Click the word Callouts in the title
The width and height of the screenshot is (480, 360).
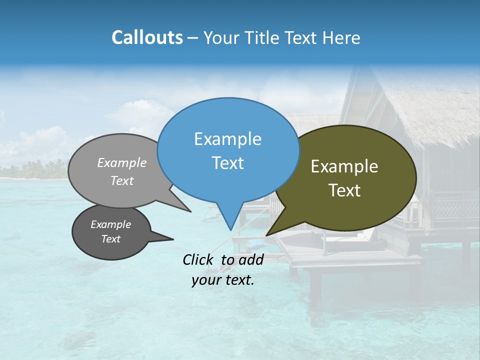(x=147, y=38)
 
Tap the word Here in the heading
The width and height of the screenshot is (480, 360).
(x=341, y=38)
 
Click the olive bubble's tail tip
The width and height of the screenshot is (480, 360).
(x=267, y=235)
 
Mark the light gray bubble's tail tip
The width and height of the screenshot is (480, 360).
(x=190, y=211)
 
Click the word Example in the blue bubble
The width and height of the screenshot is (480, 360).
(x=227, y=139)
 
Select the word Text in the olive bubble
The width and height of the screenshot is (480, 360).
(x=344, y=190)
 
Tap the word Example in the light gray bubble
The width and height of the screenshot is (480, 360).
(x=122, y=162)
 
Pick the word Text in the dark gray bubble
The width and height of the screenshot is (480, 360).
(x=111, y=239)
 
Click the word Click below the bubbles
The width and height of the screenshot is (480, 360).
(x=199, y=259)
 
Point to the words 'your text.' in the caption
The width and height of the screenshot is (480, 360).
(x=223, y=280)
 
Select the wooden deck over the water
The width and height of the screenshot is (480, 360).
(x=350, y=257)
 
